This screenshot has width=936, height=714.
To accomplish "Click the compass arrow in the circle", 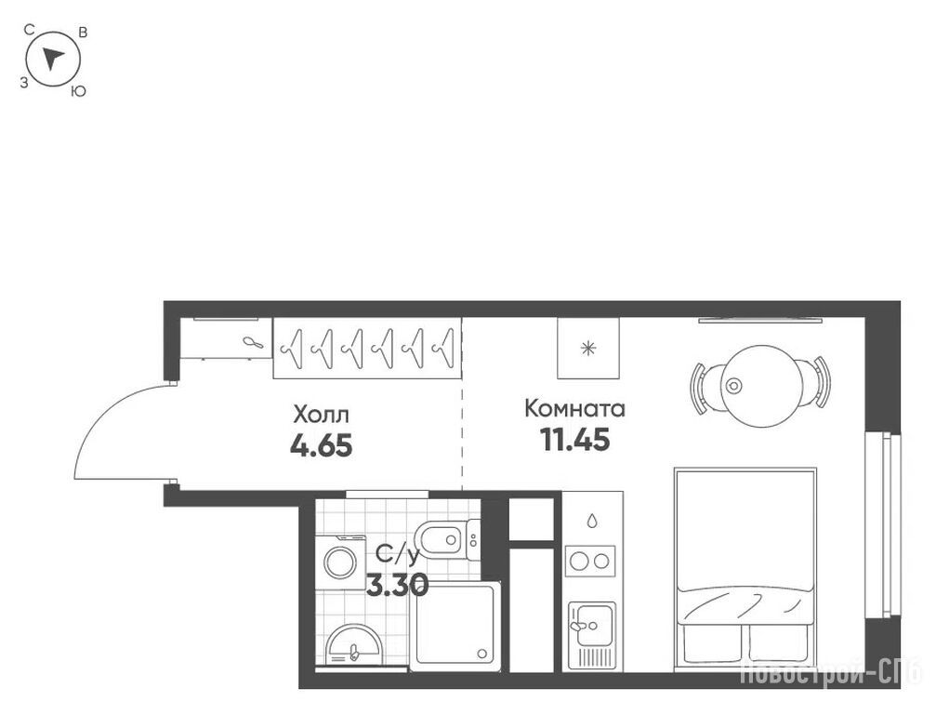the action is tap(53, 58).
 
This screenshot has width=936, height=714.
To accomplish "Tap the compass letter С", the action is tap(29, 28).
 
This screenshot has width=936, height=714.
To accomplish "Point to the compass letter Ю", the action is tap(78, 92).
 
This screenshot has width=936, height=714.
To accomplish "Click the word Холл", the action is tap(322, 414).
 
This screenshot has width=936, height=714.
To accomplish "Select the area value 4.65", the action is tap(322, 445).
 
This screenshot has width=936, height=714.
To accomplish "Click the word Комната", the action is tap(574, 409).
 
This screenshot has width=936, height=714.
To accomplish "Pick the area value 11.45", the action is tap(574, 440).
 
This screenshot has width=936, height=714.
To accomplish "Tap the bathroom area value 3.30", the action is tap(398, 585).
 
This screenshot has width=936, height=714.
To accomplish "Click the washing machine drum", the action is tap(339, 562).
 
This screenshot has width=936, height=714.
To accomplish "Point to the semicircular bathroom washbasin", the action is tap(353, 645).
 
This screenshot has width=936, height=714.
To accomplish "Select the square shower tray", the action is tap(455, 626).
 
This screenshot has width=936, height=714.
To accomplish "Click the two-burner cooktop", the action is tap(590, 561).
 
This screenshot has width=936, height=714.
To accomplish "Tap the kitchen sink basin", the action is tap(591, 625).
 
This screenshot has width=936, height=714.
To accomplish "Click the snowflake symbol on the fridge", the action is tap(588, 348).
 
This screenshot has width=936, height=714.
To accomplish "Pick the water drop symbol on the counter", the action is tap(591, 522).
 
